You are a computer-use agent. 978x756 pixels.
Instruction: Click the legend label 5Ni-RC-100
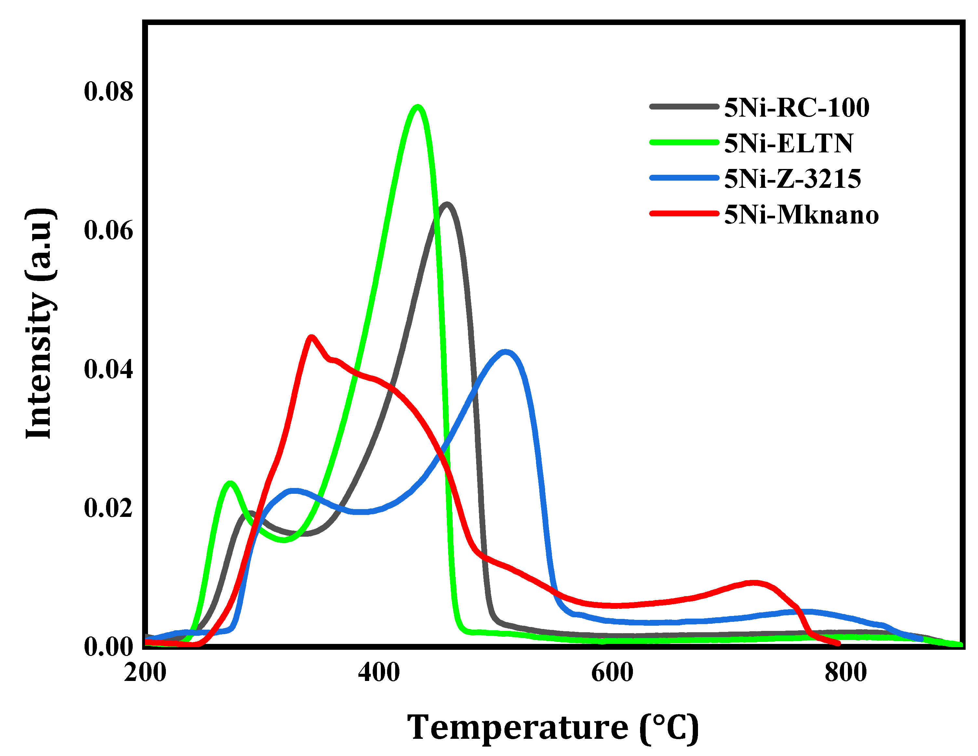[797, 108]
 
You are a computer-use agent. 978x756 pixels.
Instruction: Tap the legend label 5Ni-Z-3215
[793, 179]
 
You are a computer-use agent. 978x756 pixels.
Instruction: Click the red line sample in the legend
[684, 214]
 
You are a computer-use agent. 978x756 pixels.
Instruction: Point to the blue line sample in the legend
[684, 178]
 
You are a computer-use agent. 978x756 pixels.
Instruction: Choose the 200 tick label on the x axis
[145, 673]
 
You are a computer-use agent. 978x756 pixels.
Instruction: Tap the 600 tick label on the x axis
[612, 673]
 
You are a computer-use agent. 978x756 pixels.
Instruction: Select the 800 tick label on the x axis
[845, 673]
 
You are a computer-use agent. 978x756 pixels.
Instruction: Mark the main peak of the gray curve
[447, 204]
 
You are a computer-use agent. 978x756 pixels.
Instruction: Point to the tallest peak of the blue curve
[505, 352]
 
